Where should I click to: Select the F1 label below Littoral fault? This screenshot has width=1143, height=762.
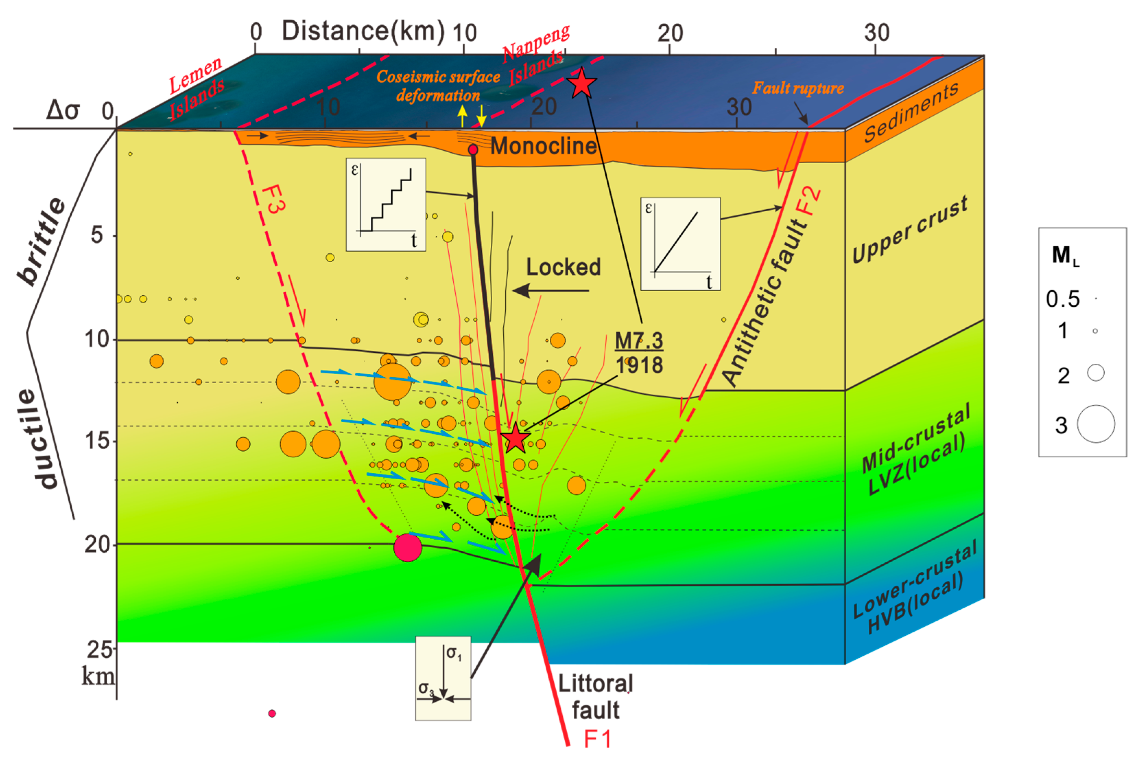click(x=597, y=739)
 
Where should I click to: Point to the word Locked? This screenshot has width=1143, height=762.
click(x=563, y=267)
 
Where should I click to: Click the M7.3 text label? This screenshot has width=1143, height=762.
click(x=639, y=341)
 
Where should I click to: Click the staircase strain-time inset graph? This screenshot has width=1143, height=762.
click(x=386, y=204)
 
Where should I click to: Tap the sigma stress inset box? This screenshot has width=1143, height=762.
click(x=443, y=678)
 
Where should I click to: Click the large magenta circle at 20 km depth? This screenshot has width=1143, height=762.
click(x=407, y=547)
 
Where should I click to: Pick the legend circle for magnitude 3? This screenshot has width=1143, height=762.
click(x=1096, y=424)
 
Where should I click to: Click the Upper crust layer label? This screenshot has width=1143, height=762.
click(x=910, y=230)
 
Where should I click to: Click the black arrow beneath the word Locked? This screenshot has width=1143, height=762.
click(x=550, y=291)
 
